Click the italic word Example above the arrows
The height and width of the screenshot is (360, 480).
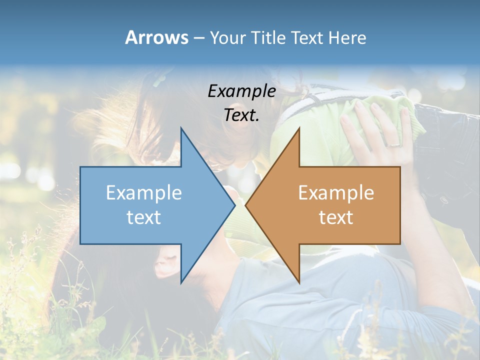point(241,91)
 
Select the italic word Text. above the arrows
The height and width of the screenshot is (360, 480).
point(241,115)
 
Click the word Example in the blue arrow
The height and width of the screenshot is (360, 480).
point(144,193)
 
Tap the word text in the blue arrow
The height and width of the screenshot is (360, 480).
point(144,217)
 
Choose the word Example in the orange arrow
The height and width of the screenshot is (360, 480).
point(336,193)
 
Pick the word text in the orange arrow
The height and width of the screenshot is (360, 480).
point(336,217)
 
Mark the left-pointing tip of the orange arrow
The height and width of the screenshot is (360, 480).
point(246,205)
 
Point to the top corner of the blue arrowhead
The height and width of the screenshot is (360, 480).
point(181,128)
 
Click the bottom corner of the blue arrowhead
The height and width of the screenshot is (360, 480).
point(181,282)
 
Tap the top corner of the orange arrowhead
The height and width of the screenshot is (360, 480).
point(299,128)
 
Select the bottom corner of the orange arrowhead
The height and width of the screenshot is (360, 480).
point(299,282)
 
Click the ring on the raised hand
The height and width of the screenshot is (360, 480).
point(394,145)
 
